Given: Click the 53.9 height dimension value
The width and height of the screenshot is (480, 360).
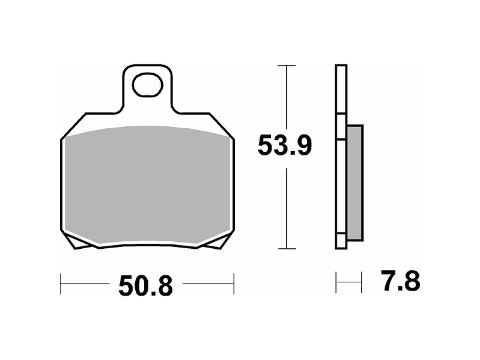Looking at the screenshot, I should (x=284, y=147).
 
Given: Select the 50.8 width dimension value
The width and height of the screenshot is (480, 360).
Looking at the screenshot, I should (x=145, y=286).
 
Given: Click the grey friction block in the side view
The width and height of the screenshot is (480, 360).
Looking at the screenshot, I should (x=356, y=182).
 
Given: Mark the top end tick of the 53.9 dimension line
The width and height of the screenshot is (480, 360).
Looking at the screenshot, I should (x=287, y=66).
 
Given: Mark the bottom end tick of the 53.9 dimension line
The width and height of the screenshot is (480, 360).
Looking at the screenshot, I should (x=287, y=248).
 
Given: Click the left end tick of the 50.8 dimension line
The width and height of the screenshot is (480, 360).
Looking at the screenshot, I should (x=61, y=284).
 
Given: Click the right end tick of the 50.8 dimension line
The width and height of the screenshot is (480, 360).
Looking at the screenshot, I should (x=234, y=284).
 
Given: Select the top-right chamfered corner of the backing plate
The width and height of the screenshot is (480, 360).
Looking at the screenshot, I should (x=224, y=126).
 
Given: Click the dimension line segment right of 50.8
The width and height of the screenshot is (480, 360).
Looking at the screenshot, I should (x=208, y=284).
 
